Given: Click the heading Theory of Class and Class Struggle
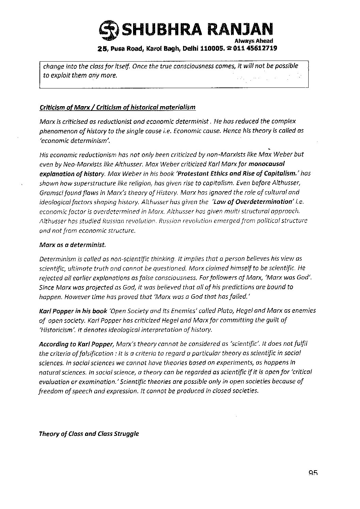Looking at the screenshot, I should tap(89, 434).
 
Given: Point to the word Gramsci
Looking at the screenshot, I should tap(51, 192).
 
